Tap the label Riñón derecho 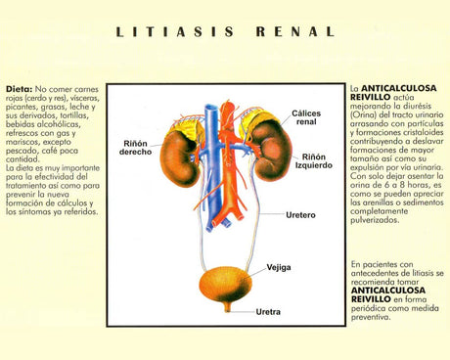pos(137,148)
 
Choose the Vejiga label pos(280,266)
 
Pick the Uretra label pos(268,312)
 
